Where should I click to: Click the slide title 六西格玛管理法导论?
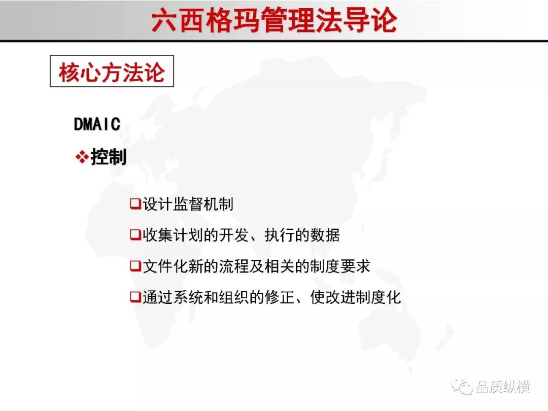pos(275,20)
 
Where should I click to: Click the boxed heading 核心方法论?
pos(112,71)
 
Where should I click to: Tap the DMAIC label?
pos(97,124)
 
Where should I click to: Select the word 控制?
pos(109,157)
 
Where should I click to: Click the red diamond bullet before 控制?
pos(82,157)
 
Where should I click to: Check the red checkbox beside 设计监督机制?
pos(135,203)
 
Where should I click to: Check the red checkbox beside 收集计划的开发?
pos(135,234)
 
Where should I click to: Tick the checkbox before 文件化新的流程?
pos(135,266)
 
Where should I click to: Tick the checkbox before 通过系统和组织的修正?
pos(135,297)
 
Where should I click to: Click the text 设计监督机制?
pos(188,204)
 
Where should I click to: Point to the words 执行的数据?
pos(302,235)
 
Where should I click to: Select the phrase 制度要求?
pos(339,266)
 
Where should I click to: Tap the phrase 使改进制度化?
pos(355,297)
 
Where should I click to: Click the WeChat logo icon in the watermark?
pos(462,386)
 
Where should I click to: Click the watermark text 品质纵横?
pos(502,387)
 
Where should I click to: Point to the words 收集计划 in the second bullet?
pos(173,235)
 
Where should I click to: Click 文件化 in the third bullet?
pos(165,266)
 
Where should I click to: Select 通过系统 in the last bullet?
pos(173,297)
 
